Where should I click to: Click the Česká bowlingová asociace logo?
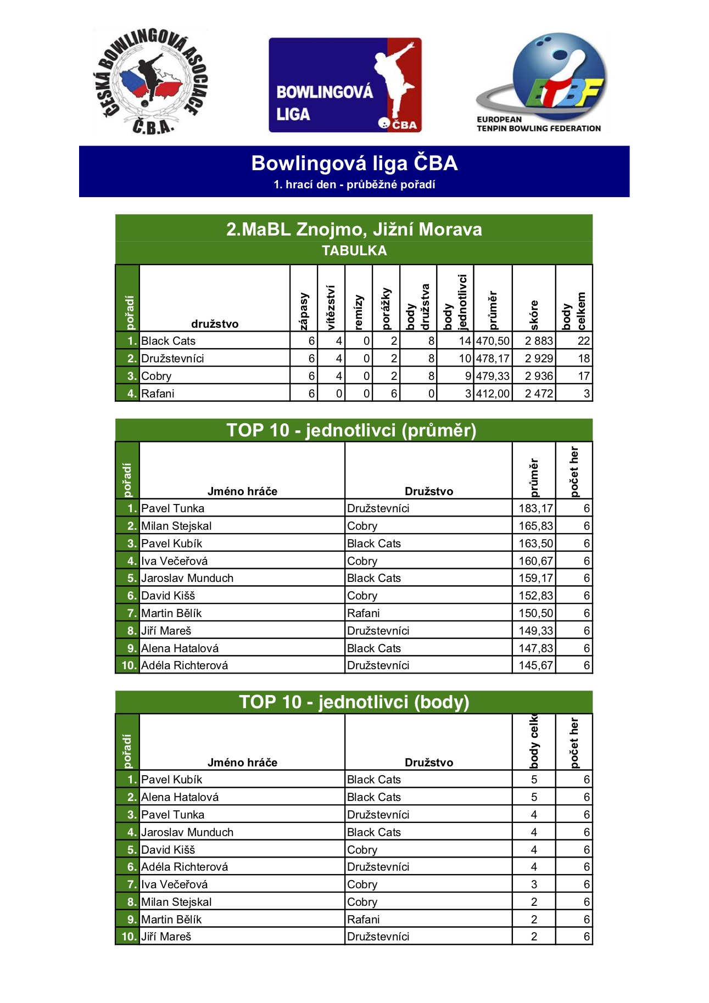coord(150,81)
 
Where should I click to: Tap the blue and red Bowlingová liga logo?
coord(345,85)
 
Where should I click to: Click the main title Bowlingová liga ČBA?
coord(354,163)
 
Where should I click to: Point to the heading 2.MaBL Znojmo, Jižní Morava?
coord(354,229)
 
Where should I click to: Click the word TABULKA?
coord(354,251)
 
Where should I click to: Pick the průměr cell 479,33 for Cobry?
coord(493,376)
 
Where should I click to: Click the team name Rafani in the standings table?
coord(158,394)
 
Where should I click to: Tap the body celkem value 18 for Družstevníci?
coord(583,358)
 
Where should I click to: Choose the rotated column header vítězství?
coord(331,307)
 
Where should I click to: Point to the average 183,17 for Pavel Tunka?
coord(535,508)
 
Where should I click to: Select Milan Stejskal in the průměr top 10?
coord(176,526)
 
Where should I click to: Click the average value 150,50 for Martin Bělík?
coord(535,613)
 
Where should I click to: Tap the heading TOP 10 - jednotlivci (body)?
coord(354,702)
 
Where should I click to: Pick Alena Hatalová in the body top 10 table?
coord(180,797)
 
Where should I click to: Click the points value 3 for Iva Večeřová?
coord(534,884)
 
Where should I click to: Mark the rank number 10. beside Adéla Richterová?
coord(129,665)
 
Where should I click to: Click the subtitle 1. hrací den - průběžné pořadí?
coord(354,185)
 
